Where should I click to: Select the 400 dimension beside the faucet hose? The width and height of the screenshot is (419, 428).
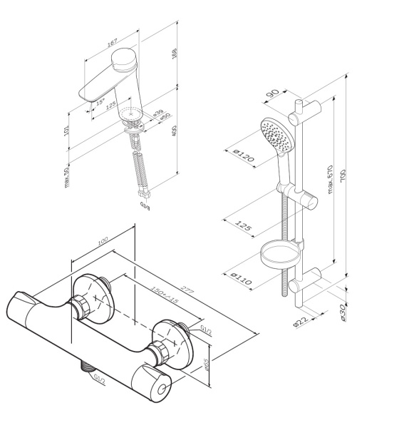[x=175, y=132]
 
